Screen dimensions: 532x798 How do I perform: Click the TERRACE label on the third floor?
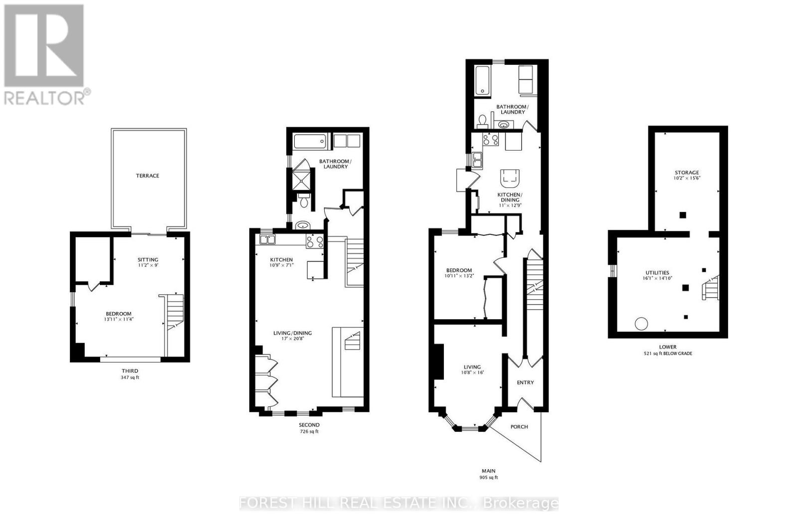148,176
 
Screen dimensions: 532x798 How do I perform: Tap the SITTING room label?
148,259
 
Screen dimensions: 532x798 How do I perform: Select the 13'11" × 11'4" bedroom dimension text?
118,320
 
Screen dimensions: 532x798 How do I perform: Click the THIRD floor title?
130,371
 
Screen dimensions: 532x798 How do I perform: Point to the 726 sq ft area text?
309,431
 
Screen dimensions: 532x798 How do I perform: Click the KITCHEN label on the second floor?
281,260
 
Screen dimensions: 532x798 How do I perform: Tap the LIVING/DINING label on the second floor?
292,333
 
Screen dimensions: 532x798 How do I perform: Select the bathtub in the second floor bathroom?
309,142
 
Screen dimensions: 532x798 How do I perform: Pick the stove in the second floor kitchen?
315,242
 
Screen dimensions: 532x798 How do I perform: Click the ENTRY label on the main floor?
525,382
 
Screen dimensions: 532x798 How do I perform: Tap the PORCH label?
519,427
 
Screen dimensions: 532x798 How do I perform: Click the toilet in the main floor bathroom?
482,121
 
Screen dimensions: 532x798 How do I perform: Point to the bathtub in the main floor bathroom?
483,80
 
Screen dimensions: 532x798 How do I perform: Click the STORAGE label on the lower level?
687,173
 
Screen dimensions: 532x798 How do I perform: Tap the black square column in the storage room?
683,215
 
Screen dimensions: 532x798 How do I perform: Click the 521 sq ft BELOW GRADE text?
668,354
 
